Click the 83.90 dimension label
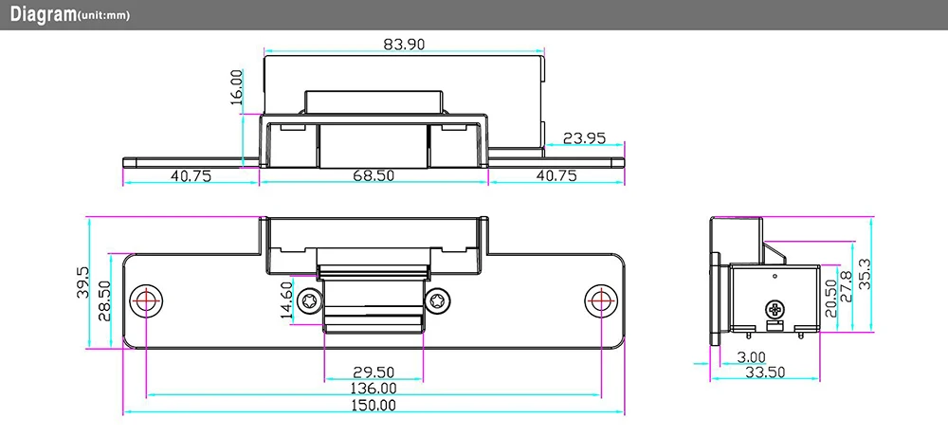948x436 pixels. pos(404,45)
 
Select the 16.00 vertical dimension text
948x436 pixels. pos(237,87)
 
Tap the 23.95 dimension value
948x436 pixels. pos(584,138)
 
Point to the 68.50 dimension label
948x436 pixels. pos(373,175)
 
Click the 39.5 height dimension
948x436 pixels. pos(83,282)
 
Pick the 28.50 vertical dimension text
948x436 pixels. pos(105,301)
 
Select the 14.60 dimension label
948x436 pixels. pos(286,300)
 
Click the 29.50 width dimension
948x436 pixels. pos(374,372)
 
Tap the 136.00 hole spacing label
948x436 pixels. pos(374,388)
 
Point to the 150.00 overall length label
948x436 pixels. pos(374,405)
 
